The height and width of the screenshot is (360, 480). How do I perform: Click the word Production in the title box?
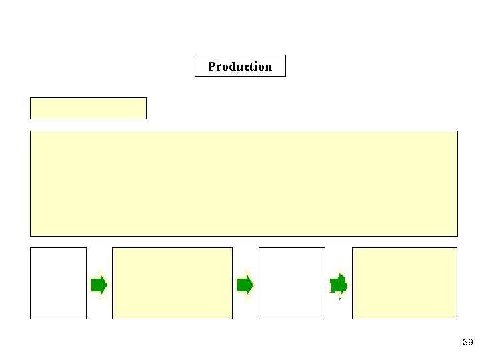[x=240, y=66]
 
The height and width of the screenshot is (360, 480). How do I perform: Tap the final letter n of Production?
[x=269, y=67]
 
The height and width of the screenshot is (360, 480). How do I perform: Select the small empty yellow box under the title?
[x=88, y=108]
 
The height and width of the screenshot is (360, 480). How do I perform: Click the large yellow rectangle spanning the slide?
[x=244, y=183]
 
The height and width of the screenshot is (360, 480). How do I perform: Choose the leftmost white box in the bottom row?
[x=58, y=283]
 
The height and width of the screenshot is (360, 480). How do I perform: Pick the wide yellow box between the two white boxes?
[x=172, y=283]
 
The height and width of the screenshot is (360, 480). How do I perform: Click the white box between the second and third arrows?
[x=291, y=283]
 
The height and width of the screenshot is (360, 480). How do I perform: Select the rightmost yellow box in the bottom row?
[x=405, y=283]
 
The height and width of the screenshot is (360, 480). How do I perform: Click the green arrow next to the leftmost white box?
[x=99, y=285]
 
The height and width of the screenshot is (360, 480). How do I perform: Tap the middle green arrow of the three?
[x=245, y=285]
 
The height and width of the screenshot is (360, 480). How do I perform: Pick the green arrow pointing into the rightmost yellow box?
[x=339, y=285]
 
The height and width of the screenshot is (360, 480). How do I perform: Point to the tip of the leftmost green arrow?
[x=107, y=285]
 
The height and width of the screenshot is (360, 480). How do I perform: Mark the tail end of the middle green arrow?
[x=239, y=285]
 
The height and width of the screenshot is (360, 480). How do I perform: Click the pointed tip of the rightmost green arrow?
[x=347, y=285]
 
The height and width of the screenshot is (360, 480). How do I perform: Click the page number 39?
[x=467, y=343]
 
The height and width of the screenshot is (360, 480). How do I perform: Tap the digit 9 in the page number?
[x=470, y=343]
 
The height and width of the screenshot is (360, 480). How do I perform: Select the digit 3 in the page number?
[x=465, y=343]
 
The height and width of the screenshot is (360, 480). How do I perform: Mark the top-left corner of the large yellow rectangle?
[x=30, y=131]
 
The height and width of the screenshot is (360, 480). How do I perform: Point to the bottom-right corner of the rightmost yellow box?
[x=457, y=319]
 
